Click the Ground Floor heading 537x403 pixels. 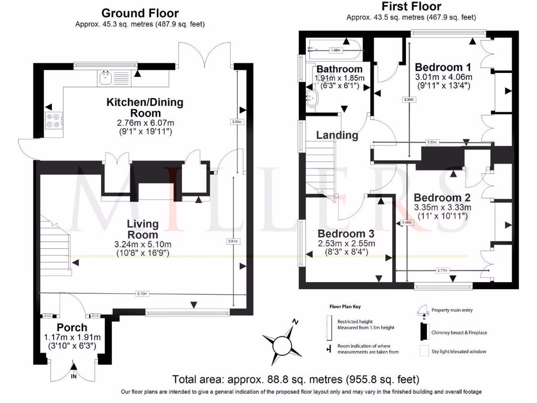[139, 13]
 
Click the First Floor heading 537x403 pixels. [411, 7]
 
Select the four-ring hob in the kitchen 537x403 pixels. [53, 121]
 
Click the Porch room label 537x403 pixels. [72, 327]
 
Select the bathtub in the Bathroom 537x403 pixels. [334, 50]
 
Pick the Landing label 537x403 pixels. [337, 135]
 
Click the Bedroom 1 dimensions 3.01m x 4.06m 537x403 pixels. [444, 77]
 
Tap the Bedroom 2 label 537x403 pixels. [442, 198]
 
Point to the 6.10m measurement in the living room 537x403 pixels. [142, 293]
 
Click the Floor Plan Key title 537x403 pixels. [345, 306]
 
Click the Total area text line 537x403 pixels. [296, 379]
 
